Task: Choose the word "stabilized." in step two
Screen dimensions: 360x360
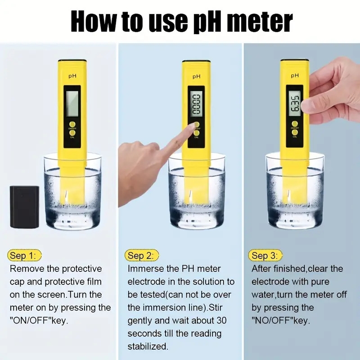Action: pos(148,346)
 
